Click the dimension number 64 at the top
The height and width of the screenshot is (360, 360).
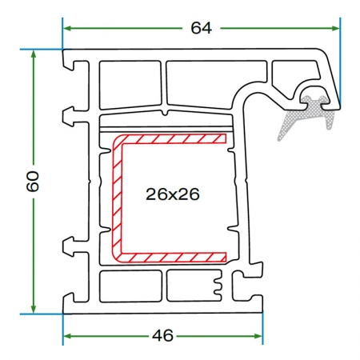coord(202,28)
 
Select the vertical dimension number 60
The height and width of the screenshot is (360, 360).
coord(33,181)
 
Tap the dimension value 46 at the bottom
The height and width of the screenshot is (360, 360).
coord(162,335)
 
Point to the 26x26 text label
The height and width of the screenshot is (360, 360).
coord(173,194)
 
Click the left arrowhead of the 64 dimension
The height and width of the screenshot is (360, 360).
coord(68,28)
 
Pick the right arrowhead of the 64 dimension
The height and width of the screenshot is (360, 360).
coord(335,28)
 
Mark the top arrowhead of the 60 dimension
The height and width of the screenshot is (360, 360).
coord(34,54)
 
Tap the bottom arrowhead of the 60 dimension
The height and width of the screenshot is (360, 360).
coord(34,309)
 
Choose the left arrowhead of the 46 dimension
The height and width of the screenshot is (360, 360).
coord(68,336)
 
